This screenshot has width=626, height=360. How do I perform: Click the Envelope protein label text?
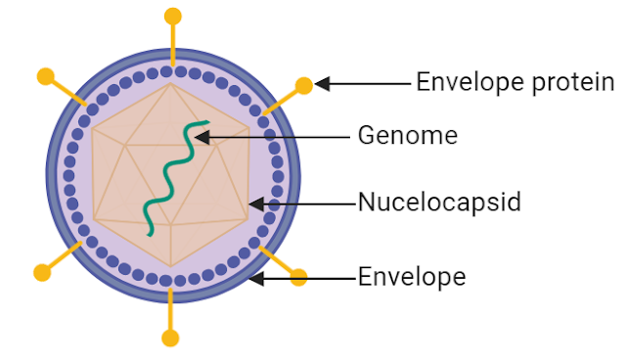(x=515, y=82)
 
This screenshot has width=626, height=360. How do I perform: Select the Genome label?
(x=407, y=135)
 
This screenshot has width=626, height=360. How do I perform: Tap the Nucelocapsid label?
(x=439, y=203)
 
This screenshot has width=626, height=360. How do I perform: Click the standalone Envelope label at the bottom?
(x=412, y=278)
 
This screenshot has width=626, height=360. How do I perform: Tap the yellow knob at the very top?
(x=173, y=16)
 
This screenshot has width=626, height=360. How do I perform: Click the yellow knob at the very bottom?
(x=171, y=338)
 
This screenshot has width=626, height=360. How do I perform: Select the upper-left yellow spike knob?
(x=44, y=75)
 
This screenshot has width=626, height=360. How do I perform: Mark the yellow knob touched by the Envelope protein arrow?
(x=304, y=85)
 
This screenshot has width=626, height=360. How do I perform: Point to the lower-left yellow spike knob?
(x=41, y=271)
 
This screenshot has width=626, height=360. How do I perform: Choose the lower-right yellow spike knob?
(x=299, y=278)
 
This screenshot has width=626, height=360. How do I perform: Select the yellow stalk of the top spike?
(x=173, y=44)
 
